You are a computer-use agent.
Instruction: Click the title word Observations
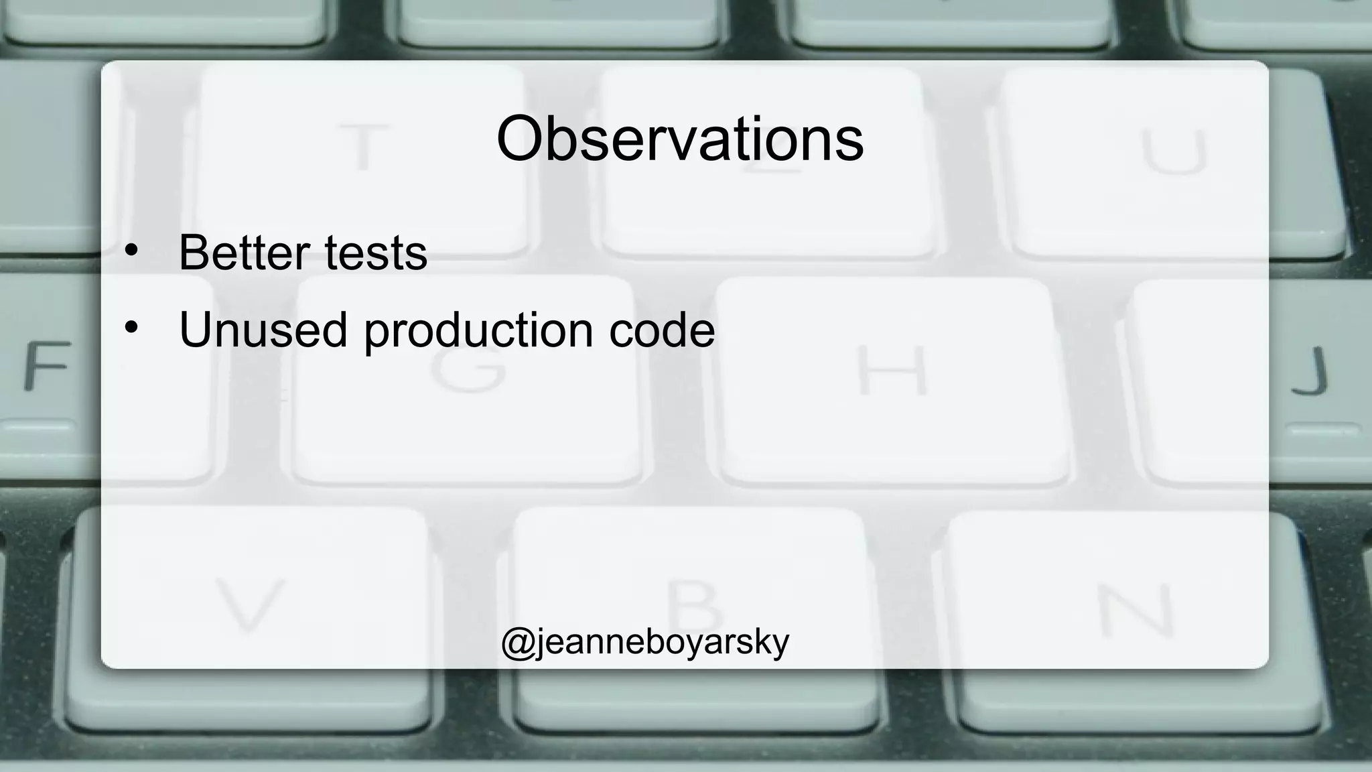679,139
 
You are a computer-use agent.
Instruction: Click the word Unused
263,329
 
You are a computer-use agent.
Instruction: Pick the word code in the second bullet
661,329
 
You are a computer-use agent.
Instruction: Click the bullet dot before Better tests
131,251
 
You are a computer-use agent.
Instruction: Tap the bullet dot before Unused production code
131,327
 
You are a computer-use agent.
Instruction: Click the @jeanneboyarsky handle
645,641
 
